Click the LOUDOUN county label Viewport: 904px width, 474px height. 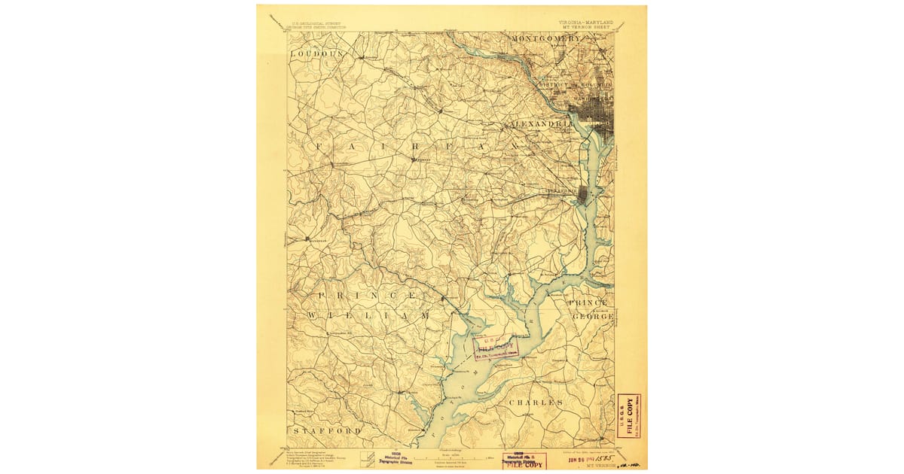point(317,55)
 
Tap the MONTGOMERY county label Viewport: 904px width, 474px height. point(547,38)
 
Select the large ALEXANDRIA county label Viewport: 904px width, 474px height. point(538,123)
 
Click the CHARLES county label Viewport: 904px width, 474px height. point(536,403)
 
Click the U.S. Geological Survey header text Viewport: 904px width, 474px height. point(316,23)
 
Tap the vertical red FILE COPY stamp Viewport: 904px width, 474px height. point(629,415)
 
